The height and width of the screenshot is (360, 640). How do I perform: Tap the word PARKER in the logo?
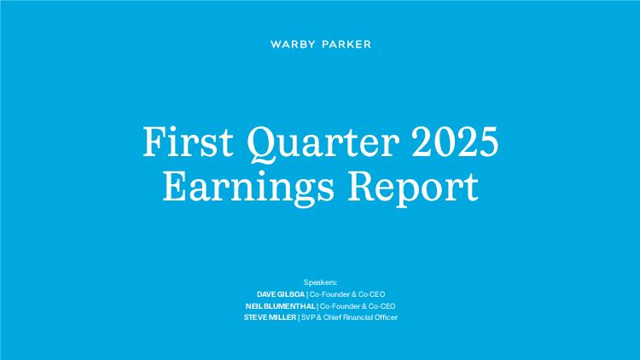[346, 44]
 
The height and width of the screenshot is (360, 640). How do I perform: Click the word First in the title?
[189, 142]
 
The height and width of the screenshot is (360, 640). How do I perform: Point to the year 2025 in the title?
[455, 142]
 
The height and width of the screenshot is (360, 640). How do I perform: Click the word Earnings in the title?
[248, 189]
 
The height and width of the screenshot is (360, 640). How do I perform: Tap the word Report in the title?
[413, 189]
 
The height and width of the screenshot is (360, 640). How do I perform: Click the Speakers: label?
[320, 282]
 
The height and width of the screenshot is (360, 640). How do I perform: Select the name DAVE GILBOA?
[281, 294]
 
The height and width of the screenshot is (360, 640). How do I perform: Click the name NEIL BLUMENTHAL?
[281, 306]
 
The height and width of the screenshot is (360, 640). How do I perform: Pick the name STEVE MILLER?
[270, 317]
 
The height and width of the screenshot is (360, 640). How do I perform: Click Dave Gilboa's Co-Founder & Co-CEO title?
[347, 294]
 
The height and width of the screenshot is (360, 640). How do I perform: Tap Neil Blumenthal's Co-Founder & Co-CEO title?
[358, 306]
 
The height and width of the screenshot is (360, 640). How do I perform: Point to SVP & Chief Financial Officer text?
[349, 317]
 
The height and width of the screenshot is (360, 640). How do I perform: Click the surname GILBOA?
[291, 294]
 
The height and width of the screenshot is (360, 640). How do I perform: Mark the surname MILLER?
[282, 317]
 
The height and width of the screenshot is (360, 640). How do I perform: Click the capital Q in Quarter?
[262, 144]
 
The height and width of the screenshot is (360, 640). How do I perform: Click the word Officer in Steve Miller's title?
[386, 317]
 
